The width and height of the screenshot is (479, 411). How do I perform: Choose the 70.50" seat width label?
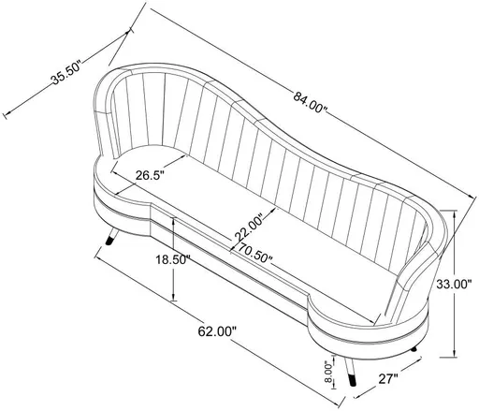click(254, 252)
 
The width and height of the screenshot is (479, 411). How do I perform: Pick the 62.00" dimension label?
click(217, 330)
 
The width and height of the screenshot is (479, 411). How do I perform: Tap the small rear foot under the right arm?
click(414, 350)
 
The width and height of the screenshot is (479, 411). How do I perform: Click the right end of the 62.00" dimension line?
click(323, 395)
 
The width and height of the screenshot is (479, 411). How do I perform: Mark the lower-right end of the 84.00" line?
click(472, 198)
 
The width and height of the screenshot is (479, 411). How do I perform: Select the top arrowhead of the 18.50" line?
click(173, 221)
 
